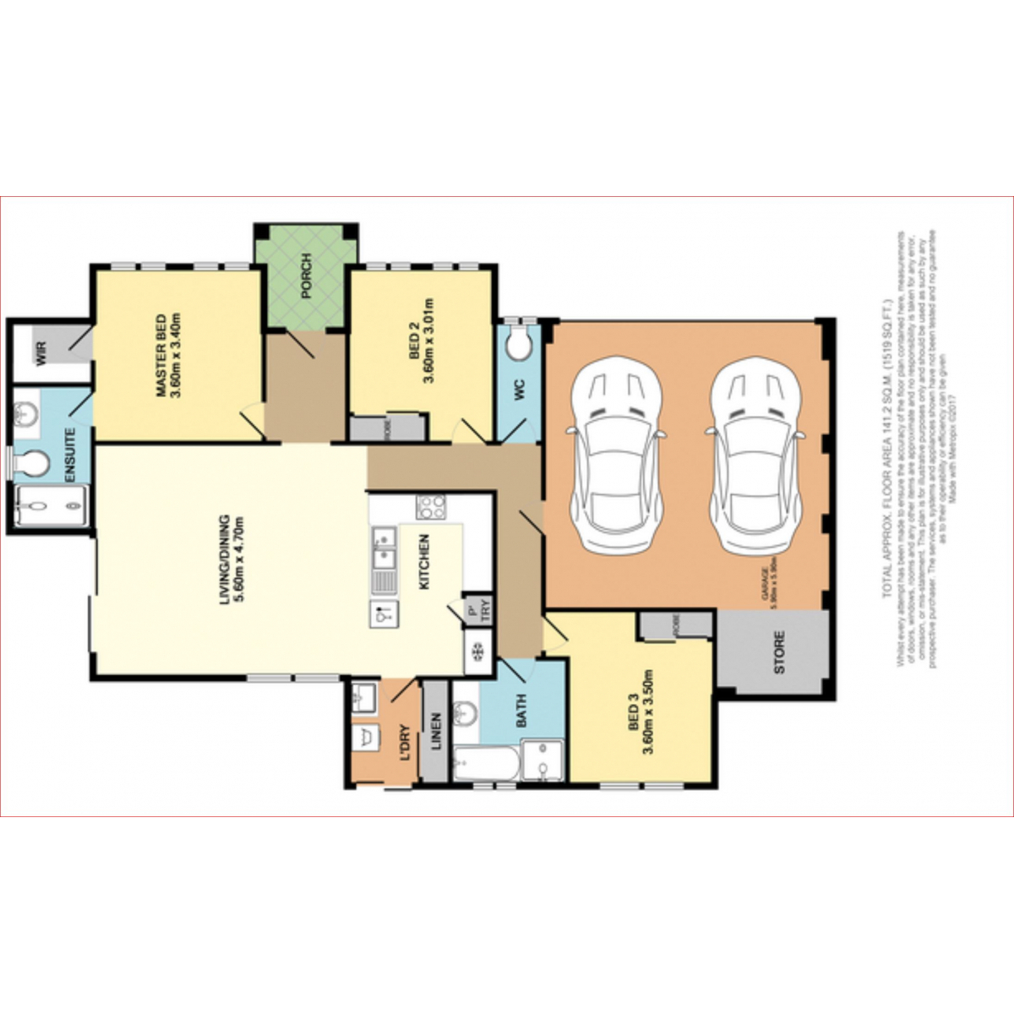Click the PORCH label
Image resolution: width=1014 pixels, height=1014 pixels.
point(306,277)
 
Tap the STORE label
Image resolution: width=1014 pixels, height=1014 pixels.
point(778,651)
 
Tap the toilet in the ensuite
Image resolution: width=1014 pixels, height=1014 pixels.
point(32,464)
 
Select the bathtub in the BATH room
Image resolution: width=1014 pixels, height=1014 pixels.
point(485,766)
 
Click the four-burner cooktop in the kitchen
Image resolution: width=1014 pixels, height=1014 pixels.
point(432,507)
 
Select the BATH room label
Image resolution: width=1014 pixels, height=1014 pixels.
point(521,711)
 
